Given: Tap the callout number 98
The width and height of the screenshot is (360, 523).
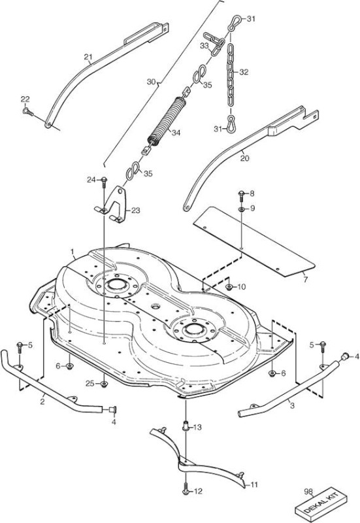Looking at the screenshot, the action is tap(308, 492).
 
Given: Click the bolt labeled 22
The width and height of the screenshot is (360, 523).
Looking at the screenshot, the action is tap(28, 112).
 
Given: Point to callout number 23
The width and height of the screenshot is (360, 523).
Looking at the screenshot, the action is tap(135, 211).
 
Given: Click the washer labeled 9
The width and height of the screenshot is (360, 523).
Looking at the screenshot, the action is tap(241, 209).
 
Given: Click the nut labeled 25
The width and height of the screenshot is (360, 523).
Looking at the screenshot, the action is tap(104, 384).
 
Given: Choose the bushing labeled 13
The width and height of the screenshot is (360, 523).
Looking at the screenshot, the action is tap(186, 426).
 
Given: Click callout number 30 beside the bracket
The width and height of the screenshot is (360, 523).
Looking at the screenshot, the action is tap(152, 81).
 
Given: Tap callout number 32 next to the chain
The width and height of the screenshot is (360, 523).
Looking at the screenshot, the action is tap(244, 72).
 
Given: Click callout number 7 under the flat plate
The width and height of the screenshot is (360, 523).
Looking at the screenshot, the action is tap(306, 279).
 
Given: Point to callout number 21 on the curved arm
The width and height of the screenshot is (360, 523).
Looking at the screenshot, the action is tap(88, 57).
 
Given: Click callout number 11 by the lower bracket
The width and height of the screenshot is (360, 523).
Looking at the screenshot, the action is tap(254, 484).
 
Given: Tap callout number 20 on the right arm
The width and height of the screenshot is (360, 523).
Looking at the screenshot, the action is tap(244, 158).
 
